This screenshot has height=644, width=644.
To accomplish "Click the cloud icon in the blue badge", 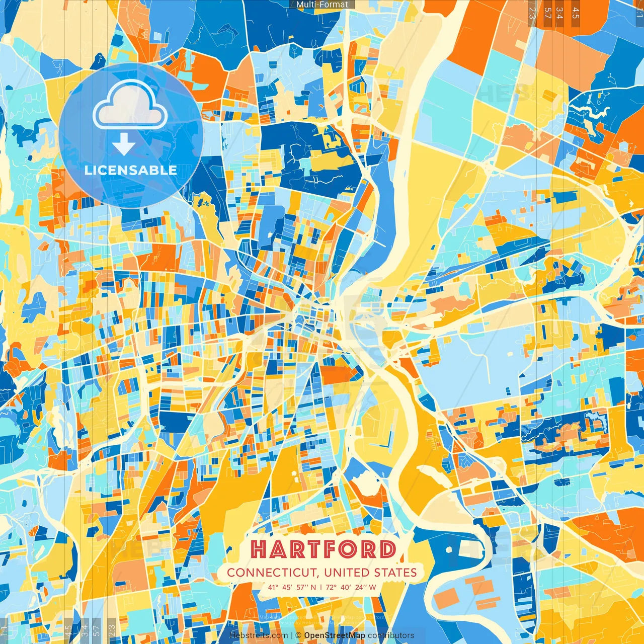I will point(130,105).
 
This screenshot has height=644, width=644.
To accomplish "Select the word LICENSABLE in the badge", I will point(131,170).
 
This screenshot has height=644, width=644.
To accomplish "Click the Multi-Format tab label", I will point(322,5).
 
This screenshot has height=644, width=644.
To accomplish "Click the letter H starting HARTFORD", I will point(259,549).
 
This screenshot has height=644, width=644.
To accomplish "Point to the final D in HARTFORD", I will point(387,549).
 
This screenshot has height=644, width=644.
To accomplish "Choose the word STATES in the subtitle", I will point(395,573).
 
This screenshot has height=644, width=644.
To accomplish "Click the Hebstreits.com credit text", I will point(259,635).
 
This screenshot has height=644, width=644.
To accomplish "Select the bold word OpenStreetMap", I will point(334,635).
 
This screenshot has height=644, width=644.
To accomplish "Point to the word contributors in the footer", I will point(391,635).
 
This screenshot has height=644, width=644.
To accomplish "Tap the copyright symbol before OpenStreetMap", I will point(298,635).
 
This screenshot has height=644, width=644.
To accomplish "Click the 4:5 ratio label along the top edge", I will point(575,13).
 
